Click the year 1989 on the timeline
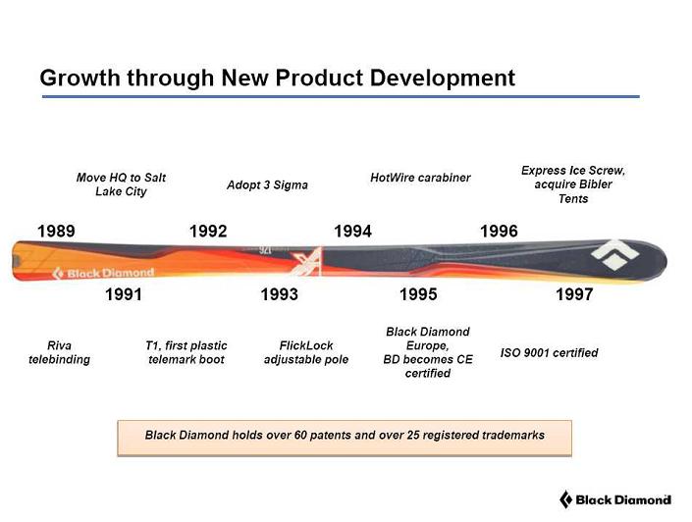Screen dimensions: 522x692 click(x=56, y=232)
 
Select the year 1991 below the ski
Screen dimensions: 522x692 click(x=124, y=294)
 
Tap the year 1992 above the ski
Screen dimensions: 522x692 click(x=208, y=232)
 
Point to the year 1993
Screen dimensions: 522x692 click(x=279, y=294)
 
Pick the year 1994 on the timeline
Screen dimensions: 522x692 click(x=353, y=232)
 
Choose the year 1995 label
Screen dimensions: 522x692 click(x=418, y=294)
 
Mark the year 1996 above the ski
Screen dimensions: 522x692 click(x=499, y=232)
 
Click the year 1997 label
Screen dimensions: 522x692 click(x=574, y=294)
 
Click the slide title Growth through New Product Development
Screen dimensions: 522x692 click(x=277, y=78)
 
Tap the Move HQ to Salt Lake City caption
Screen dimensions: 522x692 click(x=121, y=184)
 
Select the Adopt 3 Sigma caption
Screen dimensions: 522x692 click(x=267, y=184)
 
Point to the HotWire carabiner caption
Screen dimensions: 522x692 click(x=420, y=178)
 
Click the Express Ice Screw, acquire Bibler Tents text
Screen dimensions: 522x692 click(x=573, y=184)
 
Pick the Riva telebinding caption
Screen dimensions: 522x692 click(x=59, y=352)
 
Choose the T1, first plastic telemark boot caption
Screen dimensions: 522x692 click(x=186, y=352)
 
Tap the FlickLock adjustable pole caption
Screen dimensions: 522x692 click(x=306, y=352)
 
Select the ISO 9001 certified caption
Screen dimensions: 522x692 click(x=549, y=352)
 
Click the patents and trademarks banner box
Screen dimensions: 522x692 click(x=345, y=435)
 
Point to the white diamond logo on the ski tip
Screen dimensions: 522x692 click(x=616, y=253)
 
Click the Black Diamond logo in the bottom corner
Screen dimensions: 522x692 click(x=614, y=499)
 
